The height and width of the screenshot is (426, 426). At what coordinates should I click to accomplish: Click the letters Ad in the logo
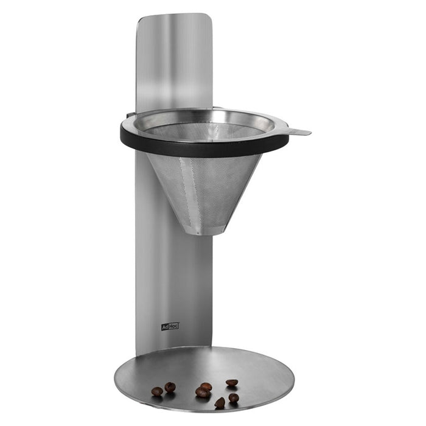pos(165,327)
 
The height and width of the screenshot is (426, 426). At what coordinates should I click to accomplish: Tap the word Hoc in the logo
pos(173,326)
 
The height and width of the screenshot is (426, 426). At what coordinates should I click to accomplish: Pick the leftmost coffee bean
pos(157,391)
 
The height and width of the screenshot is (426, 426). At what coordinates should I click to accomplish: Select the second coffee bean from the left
pos(170,387)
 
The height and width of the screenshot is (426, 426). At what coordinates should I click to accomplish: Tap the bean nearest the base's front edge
pos(220,403)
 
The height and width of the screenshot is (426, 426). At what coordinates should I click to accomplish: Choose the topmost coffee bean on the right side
pos(232,383)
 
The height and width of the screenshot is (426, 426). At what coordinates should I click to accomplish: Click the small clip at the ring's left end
pos(130,114)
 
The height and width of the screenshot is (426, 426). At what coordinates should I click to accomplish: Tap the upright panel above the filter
pos(174,61)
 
